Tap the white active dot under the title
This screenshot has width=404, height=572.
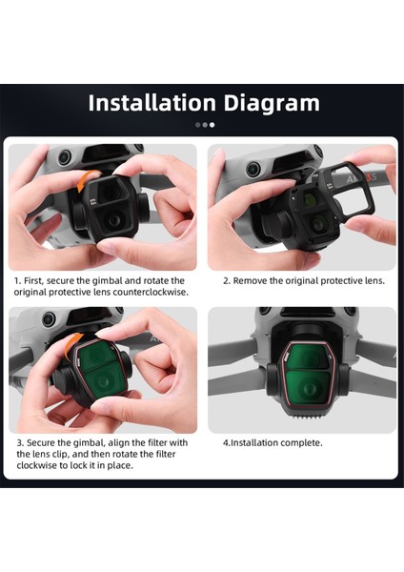coord(212,125)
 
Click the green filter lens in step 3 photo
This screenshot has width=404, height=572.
coord(100,381)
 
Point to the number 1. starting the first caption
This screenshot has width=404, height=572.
coord(18,282)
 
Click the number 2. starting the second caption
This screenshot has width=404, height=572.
coord(227,282)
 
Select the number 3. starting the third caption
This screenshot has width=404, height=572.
coord(18,442)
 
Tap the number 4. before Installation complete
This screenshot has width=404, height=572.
coord(227,442)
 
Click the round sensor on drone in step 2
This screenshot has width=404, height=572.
coord(252,170)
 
